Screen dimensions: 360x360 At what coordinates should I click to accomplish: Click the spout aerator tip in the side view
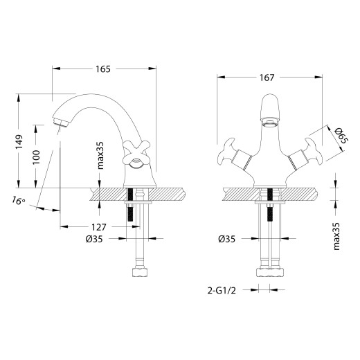tap(59, 123)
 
